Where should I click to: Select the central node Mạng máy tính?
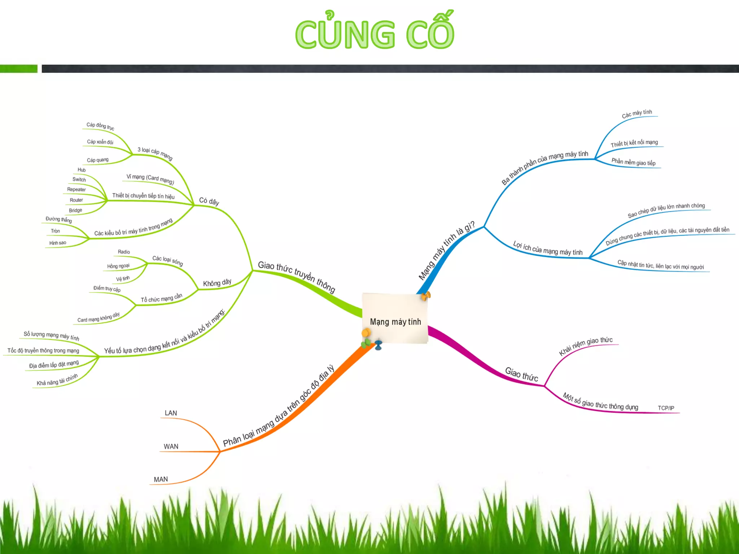[x=395, y=321]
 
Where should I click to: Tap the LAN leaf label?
[x=171, y=413]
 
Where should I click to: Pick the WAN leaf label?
[x=171, y=447]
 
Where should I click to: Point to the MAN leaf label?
[x=161, y=479]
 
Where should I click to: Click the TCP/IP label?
[x=666, y=408]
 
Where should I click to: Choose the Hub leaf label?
[x=82, y=170]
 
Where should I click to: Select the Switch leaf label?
[x=79, y=179]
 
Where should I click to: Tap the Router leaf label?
[x=76, y=200]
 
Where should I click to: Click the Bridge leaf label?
[x=75, y=210]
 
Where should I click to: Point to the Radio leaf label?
[x=124, y=252]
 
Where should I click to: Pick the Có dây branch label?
[x=209, y=201]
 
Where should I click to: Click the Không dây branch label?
[x=217, y=283]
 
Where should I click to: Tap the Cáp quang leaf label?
[x=97, y=160]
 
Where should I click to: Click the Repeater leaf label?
[x=76, y=189]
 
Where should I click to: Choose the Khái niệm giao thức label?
[x=586, y=346]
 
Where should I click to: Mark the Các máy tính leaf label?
[x=637, y=114]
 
